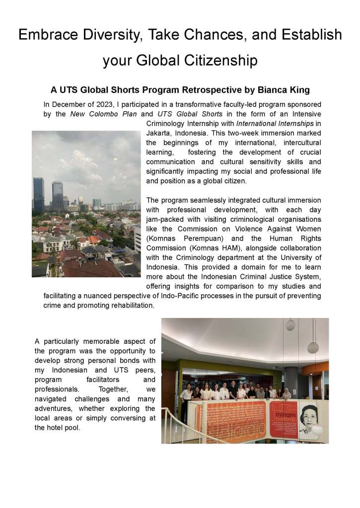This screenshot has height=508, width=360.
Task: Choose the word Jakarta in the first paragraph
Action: (159, 133)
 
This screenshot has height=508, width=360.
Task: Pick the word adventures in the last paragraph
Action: (54, 409)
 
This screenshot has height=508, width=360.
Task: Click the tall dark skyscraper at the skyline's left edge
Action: (38, 194)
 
